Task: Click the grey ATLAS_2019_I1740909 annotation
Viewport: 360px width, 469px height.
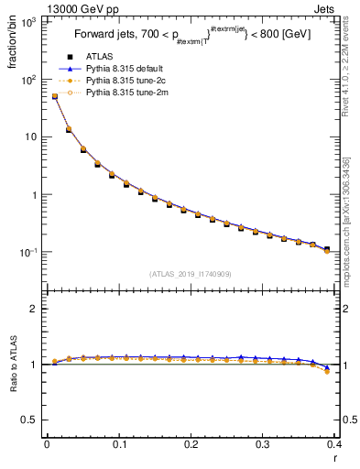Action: point(190,274)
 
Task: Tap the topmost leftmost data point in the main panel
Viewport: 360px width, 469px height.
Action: point(54,96)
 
